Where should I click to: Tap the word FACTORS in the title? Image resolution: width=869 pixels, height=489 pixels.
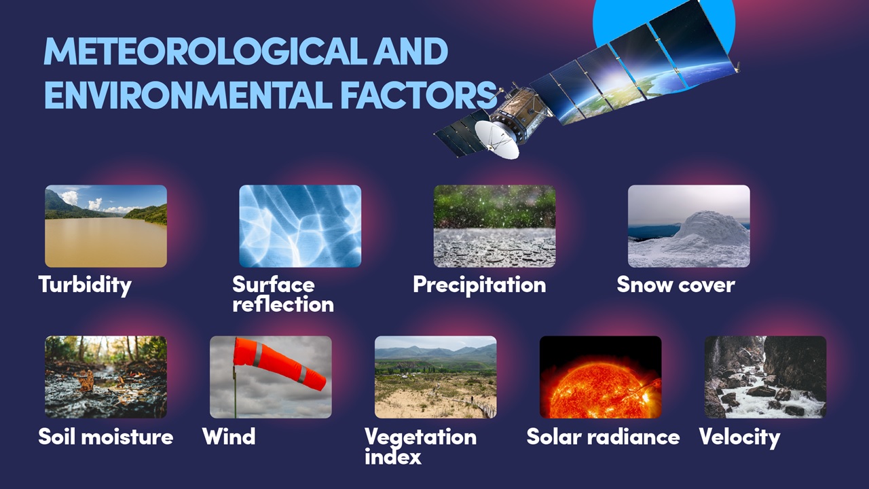coord(419,94)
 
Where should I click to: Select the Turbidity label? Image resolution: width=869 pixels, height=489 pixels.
coord(85,285)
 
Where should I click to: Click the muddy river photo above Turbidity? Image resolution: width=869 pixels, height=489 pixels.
coord(106,226)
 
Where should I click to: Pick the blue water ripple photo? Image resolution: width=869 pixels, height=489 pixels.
coord(300,226)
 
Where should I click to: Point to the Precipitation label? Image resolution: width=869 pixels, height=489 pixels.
coord(479,285)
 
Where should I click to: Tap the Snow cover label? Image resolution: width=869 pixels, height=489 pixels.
coord(676,285)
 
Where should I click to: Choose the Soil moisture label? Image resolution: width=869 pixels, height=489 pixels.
coord(105,437)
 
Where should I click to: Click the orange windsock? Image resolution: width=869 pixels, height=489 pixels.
coord(279,363)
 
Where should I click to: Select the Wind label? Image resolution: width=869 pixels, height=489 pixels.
coord(229,436)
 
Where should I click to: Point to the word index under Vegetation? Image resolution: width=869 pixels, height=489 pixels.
coord(392,456)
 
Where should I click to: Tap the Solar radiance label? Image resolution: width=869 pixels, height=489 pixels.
coord(603,437)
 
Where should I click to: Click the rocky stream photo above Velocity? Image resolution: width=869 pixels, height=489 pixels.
coord(765,377)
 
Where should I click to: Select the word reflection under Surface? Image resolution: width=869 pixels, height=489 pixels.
coord(283,304)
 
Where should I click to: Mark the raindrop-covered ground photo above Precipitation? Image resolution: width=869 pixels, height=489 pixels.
coord(494,226)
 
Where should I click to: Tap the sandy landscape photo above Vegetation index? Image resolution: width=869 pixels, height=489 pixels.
coord(436,377)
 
